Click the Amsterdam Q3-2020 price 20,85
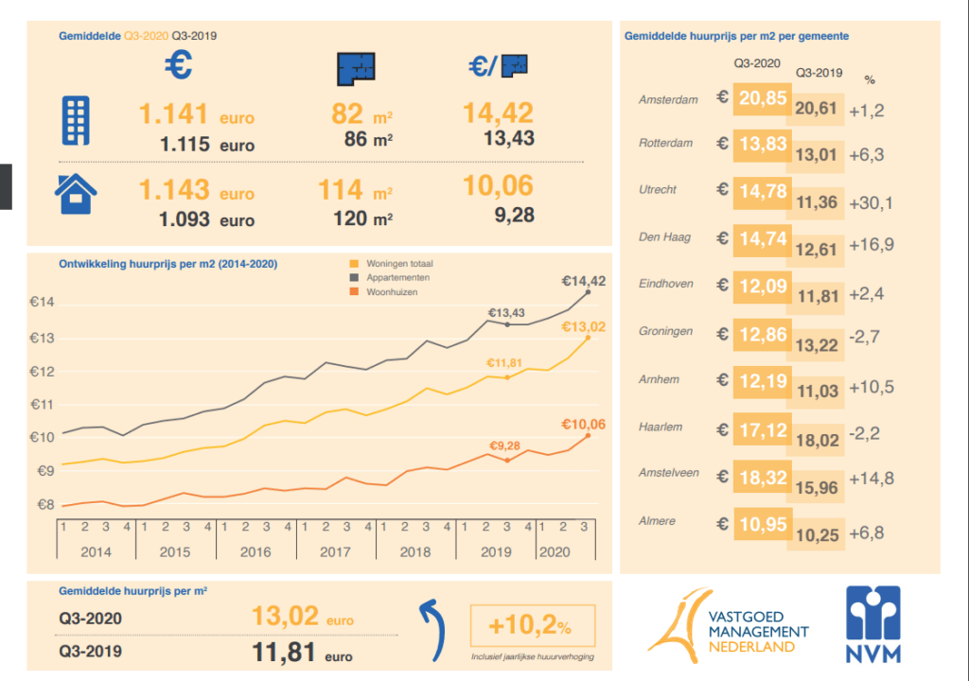click(764, 98)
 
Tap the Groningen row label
click(665, 332)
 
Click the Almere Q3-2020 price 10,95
click(764, 524)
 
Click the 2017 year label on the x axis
click(335, 552)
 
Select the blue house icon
click(77, 195)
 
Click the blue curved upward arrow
click(433, 628)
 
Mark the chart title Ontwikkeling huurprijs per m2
click(167, 264)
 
